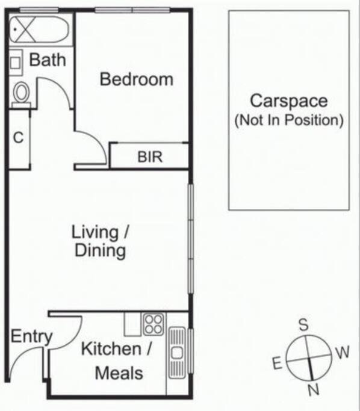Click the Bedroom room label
[x=137, y=79]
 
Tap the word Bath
[x=48, y=60]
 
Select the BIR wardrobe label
[x=150, y=156]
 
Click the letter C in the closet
[x=18, y=137]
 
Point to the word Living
[x=95, y=232]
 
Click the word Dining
[x=101, y=250]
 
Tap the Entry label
[x=31, y=336]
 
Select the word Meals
[x=119, y=373]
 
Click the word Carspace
[x=289, y=101]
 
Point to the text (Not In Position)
[x=289, y=120]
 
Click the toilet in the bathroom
[x=21, y=94]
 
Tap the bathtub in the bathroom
[x=39, y=29]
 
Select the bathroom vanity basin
[x=16, y=63]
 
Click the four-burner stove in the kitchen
[x=154, y=324]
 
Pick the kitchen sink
[x=177, y=353]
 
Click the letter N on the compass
[x=314, y=389]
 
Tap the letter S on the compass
[x=303, y=324]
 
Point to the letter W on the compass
[x=343, y=352]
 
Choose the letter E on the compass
[x=277, y=363]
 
